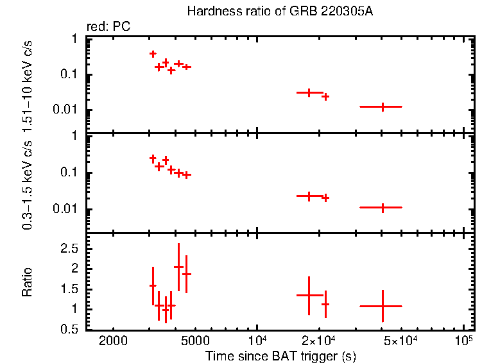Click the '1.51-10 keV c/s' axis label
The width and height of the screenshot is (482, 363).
click(x=28, y=87)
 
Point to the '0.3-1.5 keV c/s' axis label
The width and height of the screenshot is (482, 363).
click(x=28, y=186)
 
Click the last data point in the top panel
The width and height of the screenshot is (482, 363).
click(x=383, y=106)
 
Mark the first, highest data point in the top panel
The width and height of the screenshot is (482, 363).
click(x=153, y=54)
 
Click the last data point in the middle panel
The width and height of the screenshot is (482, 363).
click(x=383, y=207)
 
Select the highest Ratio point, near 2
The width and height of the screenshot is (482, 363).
click(x=178, y=266)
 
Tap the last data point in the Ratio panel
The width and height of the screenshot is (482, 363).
click(x=383, y=306)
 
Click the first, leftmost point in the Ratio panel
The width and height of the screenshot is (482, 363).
click(x=153, y=285)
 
